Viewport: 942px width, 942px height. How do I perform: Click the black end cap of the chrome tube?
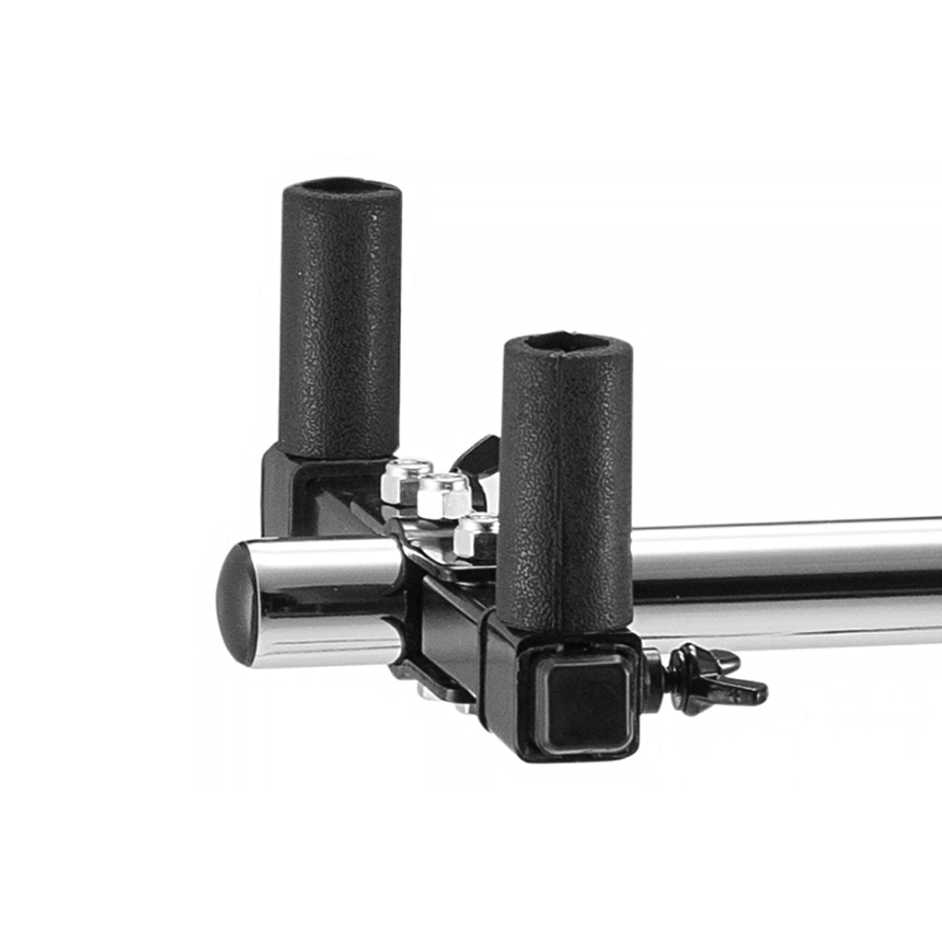(234, 603)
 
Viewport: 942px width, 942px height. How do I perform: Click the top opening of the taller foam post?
(340, 187)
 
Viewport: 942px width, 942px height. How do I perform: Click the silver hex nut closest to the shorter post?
(477, 534)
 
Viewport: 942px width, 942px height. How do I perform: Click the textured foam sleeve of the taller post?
(340, 322)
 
